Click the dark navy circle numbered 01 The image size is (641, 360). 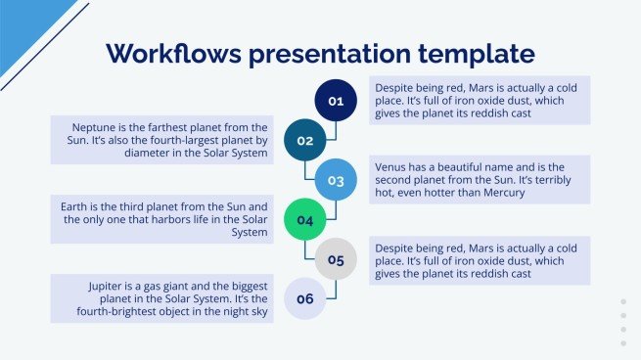[336, 100]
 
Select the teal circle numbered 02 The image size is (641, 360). [304, 140]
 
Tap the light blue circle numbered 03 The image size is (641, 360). [336, 180]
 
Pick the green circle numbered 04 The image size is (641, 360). [304, 220]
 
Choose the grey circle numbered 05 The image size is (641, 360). [336, 260]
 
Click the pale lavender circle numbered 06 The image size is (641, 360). [304, 299]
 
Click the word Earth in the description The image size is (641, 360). [81, 207]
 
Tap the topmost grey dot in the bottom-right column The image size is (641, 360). [623, 302]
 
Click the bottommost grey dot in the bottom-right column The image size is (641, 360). [623, 342]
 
